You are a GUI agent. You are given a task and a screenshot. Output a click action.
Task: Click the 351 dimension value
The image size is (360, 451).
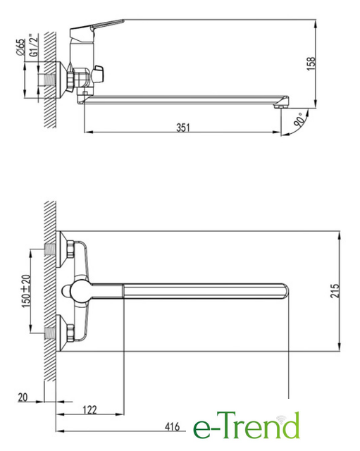(183, 128)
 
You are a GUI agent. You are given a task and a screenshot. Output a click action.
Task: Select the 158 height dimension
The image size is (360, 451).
(311, 63)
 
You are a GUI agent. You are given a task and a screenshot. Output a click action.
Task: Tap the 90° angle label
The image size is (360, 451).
(299, 120)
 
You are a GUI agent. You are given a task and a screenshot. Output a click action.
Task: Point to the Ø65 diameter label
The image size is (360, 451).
(21, 47)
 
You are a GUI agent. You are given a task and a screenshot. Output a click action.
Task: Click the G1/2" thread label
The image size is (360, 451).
(34, 45)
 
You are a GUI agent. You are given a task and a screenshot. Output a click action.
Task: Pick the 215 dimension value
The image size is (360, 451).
(335, 291)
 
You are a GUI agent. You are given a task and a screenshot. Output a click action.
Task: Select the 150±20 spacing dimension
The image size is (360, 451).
(26, 291)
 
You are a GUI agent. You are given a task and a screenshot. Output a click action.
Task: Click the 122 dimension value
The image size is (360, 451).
(89, 409)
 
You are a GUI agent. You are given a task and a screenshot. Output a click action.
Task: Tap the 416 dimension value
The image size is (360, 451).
(172, 426)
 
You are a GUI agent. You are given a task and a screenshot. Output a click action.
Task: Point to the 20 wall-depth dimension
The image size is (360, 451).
(23, 397)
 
